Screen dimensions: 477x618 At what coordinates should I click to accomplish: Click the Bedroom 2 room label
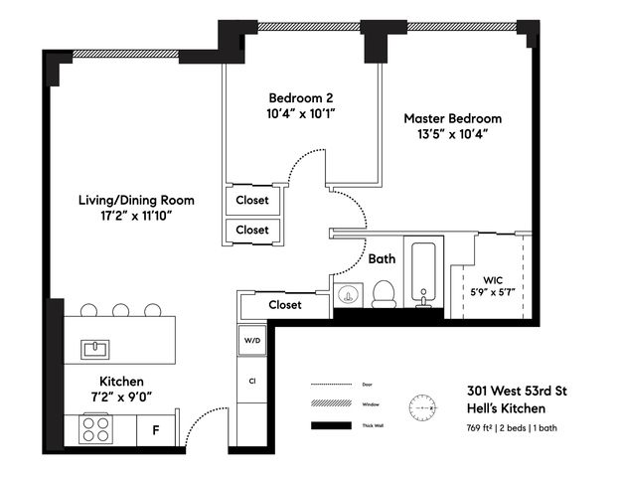click(301, 97)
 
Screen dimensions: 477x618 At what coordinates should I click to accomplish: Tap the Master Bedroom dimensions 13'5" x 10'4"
click(452, 133)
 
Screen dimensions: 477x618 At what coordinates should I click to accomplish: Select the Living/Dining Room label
click(135, 200)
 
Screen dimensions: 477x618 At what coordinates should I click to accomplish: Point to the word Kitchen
click(121, 382)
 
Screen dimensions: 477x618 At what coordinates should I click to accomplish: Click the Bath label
click(383, 259)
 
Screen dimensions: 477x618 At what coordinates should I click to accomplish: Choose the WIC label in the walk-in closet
click(493, 280)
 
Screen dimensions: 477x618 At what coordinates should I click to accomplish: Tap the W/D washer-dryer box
click(251, 340)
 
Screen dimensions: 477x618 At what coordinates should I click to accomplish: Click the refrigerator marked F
click(155, 430)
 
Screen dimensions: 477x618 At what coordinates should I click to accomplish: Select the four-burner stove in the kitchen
click(94, 429)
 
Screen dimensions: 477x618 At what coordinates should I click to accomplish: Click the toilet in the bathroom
click(384, 292)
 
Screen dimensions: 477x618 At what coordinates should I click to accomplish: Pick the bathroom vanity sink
click(348, 294)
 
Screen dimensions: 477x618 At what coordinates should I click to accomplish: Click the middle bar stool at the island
click(121, 310)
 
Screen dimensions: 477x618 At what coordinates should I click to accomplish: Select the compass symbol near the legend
click(422, 407)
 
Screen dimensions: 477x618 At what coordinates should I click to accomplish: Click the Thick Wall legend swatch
click(331, 426)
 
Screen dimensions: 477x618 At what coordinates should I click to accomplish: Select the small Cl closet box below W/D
click(251, 380)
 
